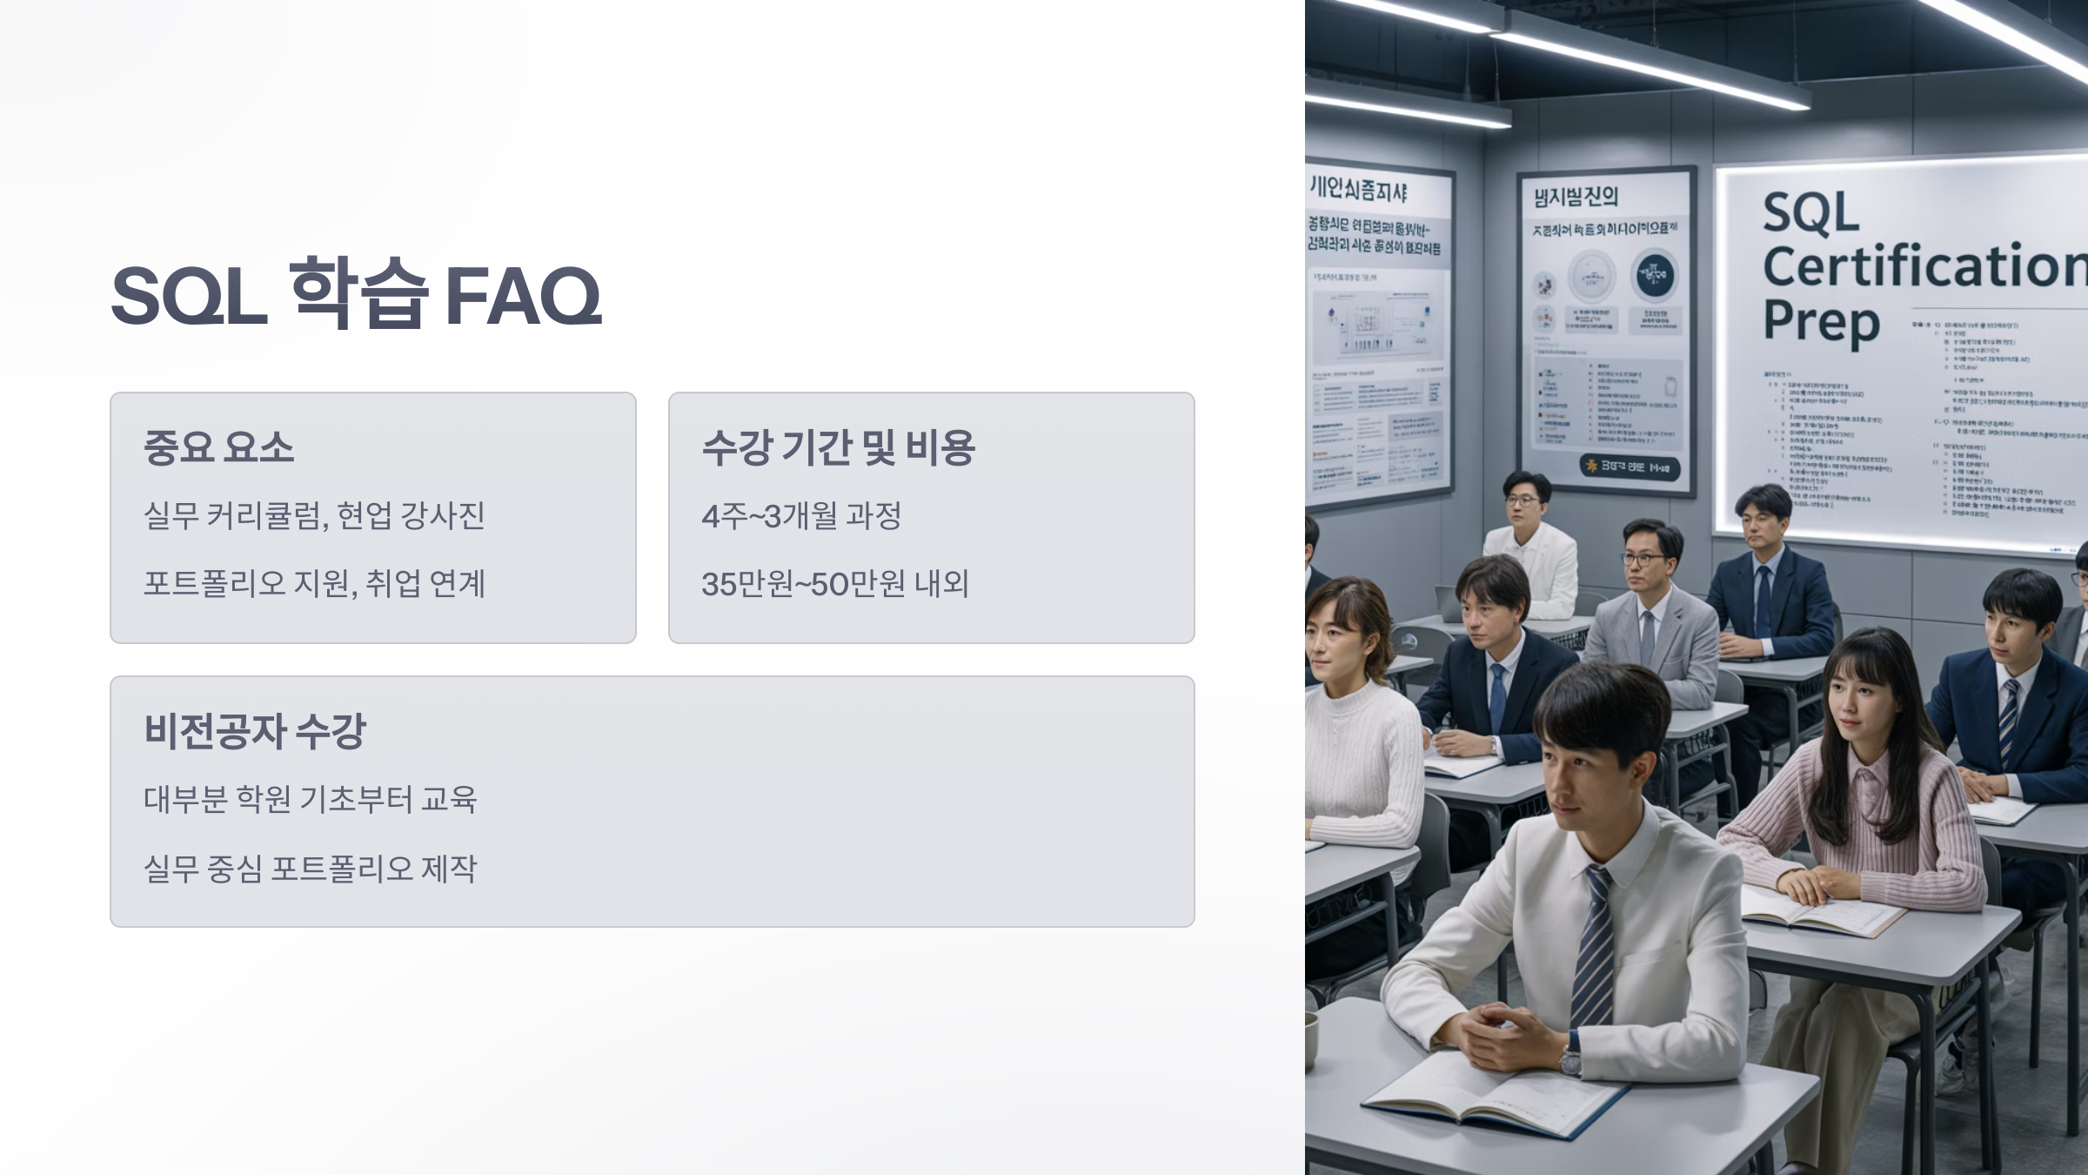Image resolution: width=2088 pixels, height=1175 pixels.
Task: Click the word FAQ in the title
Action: coord(523,296)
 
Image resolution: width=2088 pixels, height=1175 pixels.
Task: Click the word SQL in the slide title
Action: coord(189,296)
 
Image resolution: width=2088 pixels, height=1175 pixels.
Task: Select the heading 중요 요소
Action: coord(218,447)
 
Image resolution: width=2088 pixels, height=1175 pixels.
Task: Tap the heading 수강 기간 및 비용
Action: coord(838,447)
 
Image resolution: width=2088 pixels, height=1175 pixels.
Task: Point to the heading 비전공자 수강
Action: coord(255,731)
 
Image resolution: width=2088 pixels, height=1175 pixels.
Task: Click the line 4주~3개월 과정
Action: coord(801,516)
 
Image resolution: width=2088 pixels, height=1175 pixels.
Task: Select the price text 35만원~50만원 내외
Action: coord(834,584)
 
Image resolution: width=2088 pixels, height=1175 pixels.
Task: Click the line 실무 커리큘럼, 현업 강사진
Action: coord(314,516)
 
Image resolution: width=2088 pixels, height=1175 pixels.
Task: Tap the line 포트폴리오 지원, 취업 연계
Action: coord(314,584)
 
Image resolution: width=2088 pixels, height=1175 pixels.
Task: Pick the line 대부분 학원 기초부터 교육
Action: coord(310,799)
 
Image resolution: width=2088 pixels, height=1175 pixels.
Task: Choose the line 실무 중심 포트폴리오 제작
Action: coord(310,868)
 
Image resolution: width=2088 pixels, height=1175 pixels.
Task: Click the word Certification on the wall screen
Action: coord(1923,266)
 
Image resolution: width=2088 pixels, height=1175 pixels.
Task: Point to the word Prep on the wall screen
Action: coord(1820,322)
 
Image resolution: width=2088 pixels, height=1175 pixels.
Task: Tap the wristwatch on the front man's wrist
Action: coord(1570,1060)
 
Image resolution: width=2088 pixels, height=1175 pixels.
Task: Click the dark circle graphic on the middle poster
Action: coord(1654,275)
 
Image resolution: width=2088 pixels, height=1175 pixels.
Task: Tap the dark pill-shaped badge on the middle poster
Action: coord(1629,467)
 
